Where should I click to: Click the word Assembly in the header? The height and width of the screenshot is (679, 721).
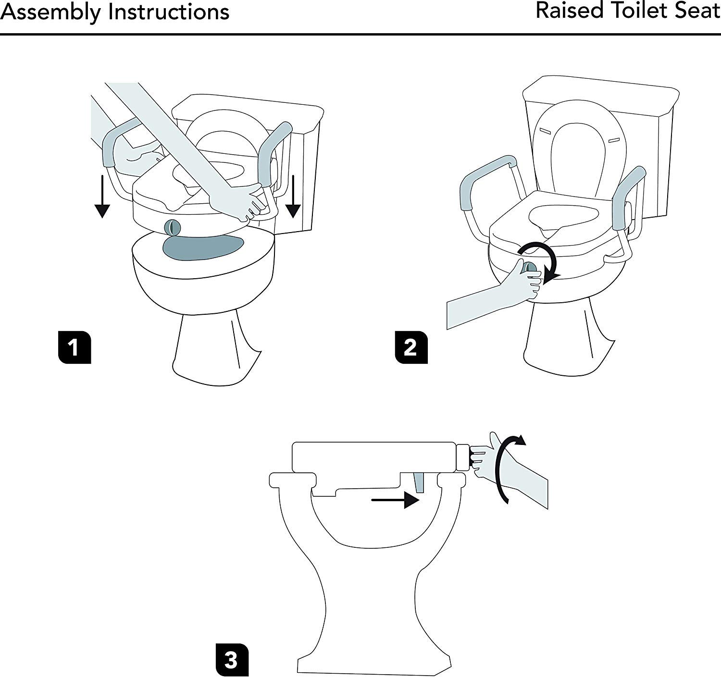coord(50,12)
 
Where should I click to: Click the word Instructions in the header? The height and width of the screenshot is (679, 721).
coord(169,12)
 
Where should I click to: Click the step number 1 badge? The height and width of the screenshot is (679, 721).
coord(75,347)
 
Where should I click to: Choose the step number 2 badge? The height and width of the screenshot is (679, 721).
coord(411,347)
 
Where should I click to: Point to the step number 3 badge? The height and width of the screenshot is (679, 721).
coord(232,660)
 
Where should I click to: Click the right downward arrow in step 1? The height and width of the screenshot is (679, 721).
coord(293,197)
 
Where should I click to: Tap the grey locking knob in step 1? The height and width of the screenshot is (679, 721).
coord(172,228)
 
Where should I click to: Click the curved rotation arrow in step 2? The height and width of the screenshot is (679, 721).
coord(540,261)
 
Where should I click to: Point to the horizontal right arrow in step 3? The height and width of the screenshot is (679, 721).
coord(396,500)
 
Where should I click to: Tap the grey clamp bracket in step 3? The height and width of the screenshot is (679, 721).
coord(419,482)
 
